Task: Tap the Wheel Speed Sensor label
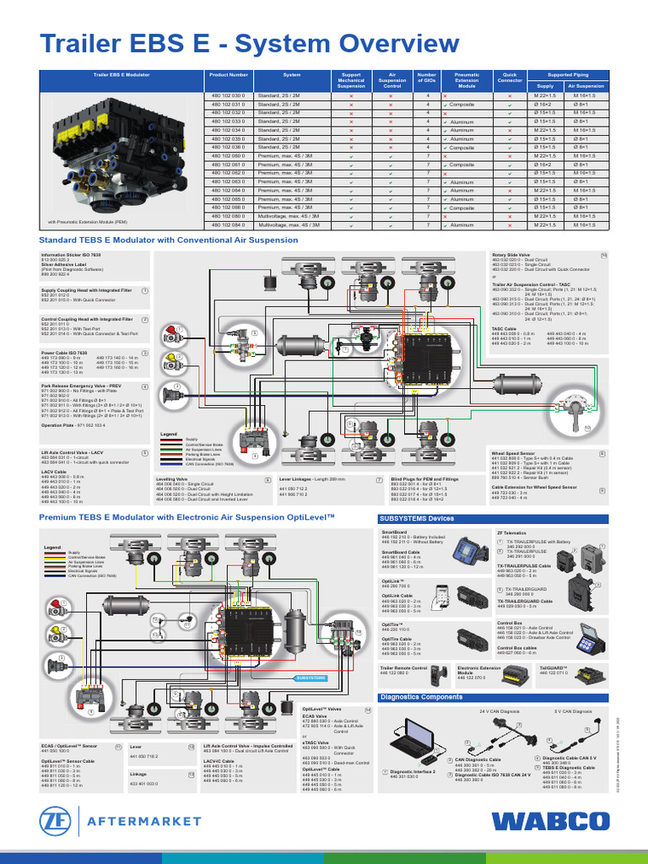click(x=516, y=453)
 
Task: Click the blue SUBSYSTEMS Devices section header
click(x=418, y=518)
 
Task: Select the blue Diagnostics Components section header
click(x=422, y=697)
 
